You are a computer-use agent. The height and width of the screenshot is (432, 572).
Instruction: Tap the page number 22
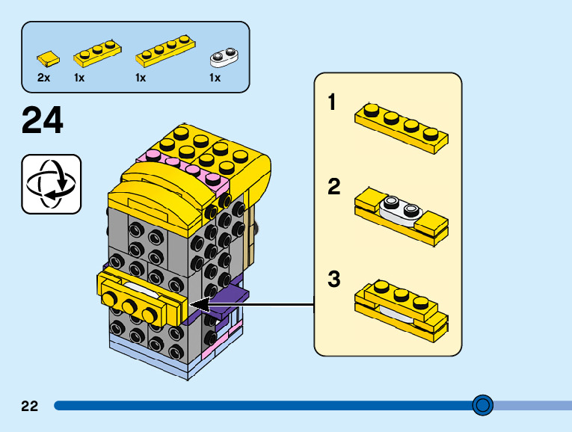30,406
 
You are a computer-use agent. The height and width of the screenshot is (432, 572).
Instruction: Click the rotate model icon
51,183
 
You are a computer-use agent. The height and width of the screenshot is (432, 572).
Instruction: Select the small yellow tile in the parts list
47,57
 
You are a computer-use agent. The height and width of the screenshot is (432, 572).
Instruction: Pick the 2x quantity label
43,78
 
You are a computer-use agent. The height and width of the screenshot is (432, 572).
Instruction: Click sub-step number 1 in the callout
333,102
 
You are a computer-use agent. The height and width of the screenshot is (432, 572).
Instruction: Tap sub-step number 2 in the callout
333,187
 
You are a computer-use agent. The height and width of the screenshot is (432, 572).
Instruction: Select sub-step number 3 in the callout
333,280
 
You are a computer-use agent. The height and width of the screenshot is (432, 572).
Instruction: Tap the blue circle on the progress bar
483,405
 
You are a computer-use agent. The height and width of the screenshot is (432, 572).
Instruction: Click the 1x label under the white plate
215,78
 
